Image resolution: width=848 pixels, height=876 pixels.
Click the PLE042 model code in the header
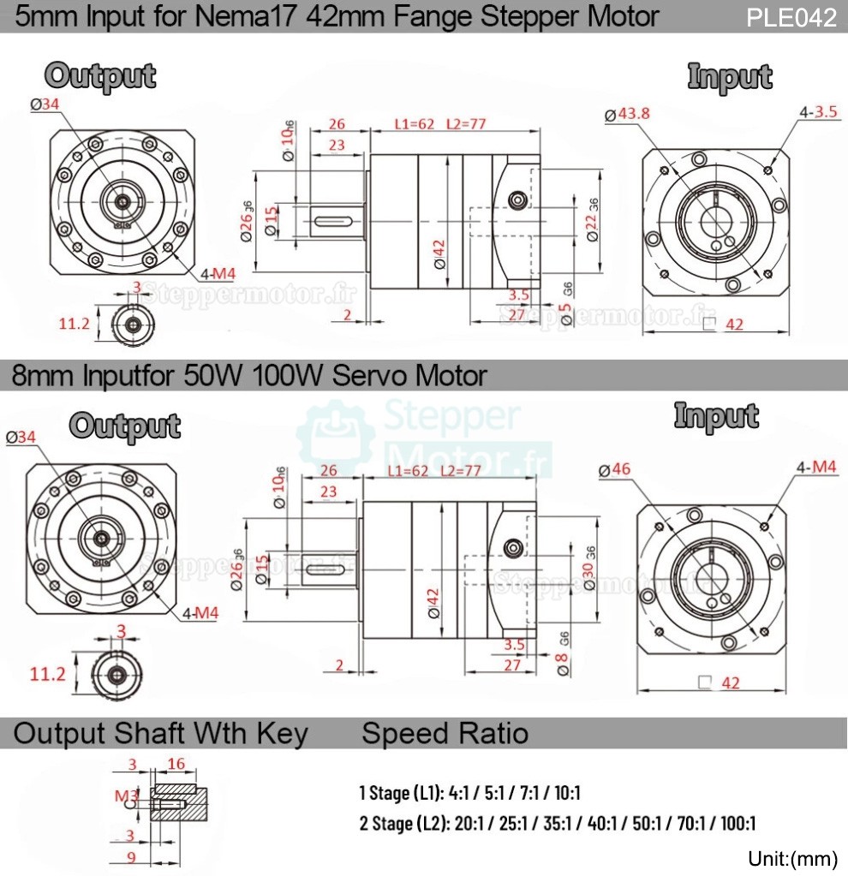tap(791, 18)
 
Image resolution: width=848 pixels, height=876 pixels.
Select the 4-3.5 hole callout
tap(818, 112)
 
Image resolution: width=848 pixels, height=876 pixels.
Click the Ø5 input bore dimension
tap(565, 309)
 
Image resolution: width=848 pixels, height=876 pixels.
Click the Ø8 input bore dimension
tap(563, 663)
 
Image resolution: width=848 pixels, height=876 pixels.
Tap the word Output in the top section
tap(100, 75)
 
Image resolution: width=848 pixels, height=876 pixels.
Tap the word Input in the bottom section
tap(716, 415)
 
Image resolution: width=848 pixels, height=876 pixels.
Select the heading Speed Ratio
tap(445, 733)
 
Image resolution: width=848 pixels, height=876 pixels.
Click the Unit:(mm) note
tap(791, 859)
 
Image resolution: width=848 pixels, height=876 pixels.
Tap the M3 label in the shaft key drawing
tap(126, 796)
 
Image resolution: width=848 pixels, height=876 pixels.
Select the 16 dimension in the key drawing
tap(176, 764)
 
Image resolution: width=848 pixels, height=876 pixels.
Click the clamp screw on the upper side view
tap(517, 200)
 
